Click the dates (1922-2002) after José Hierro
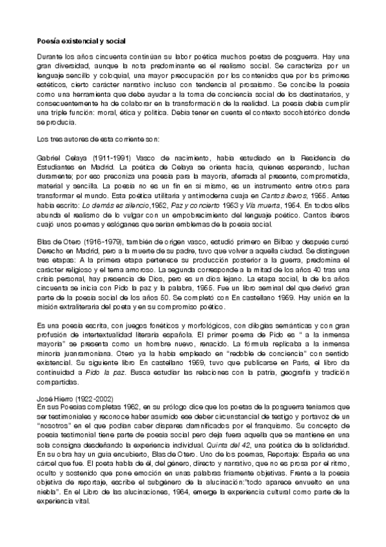[83, 398]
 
